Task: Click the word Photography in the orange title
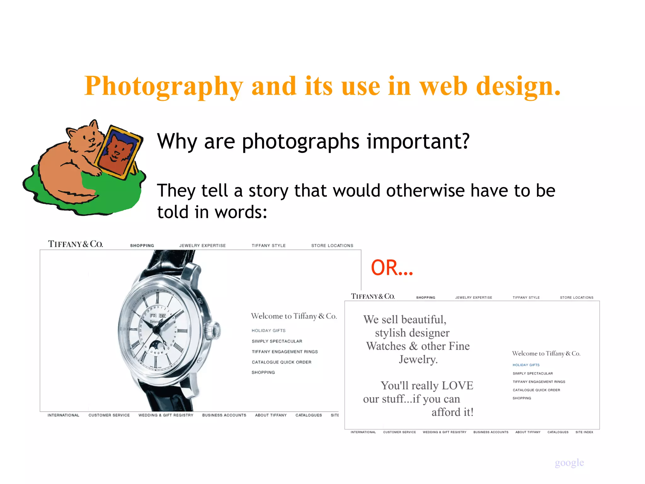click(164, 86)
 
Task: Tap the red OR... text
click(391, 268)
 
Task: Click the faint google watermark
click(569, 462)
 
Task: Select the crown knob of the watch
click(214, 331)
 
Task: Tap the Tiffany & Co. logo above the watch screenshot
click(75, 244)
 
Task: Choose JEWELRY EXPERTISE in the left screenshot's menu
click(203, 245)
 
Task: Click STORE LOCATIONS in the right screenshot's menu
click(576, 297)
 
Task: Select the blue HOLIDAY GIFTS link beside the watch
click(268, 331)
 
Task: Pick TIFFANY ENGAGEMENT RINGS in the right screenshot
click(539, 382)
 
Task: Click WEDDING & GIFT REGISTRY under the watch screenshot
click(166, 415)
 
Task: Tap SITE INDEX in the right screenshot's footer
click(584, 432)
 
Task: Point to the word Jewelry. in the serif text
click(418, 359)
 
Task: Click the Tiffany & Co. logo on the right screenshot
click(373, 297)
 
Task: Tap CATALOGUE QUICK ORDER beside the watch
click(282, 362)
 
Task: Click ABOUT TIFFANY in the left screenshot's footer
click(271, 415)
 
